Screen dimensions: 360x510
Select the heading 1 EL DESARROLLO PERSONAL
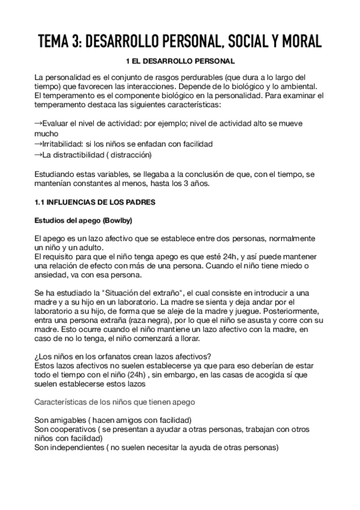180,62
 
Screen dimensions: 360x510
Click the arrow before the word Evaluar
39,123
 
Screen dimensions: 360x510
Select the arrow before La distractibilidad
39,155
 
